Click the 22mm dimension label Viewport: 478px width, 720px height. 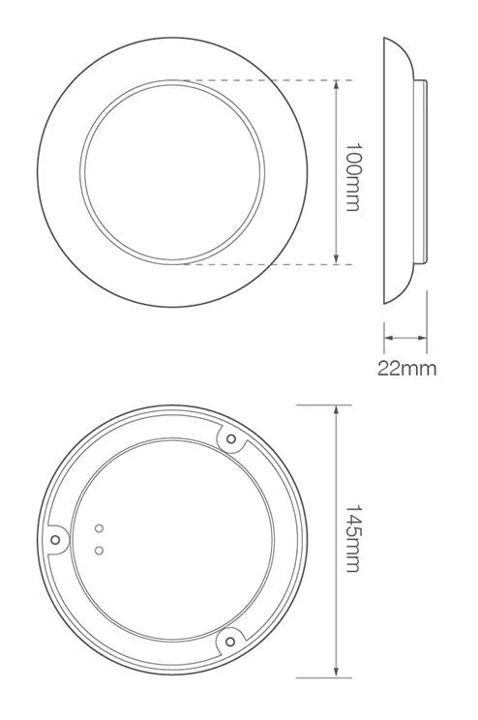(x=406, y=368)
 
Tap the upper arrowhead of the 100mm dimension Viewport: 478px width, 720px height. (x=336, y=85)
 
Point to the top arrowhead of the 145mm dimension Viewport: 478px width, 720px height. (x=336, y=410)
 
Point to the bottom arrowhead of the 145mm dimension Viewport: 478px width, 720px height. (x=336, y=673)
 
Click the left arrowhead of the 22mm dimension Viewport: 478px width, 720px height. (x=389, y=338)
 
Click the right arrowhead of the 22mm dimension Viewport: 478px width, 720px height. (x=421, y=338)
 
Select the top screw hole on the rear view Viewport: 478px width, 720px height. (x=230, y=440)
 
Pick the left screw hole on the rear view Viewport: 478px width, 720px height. (x=56, y=540)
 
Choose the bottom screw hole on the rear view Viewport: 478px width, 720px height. (x=229, y=638)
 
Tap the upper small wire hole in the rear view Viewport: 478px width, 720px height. (x=99, y=528)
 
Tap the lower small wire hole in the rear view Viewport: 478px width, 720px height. (x=99, y=550)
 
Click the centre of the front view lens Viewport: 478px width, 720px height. (x=172, y=171)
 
